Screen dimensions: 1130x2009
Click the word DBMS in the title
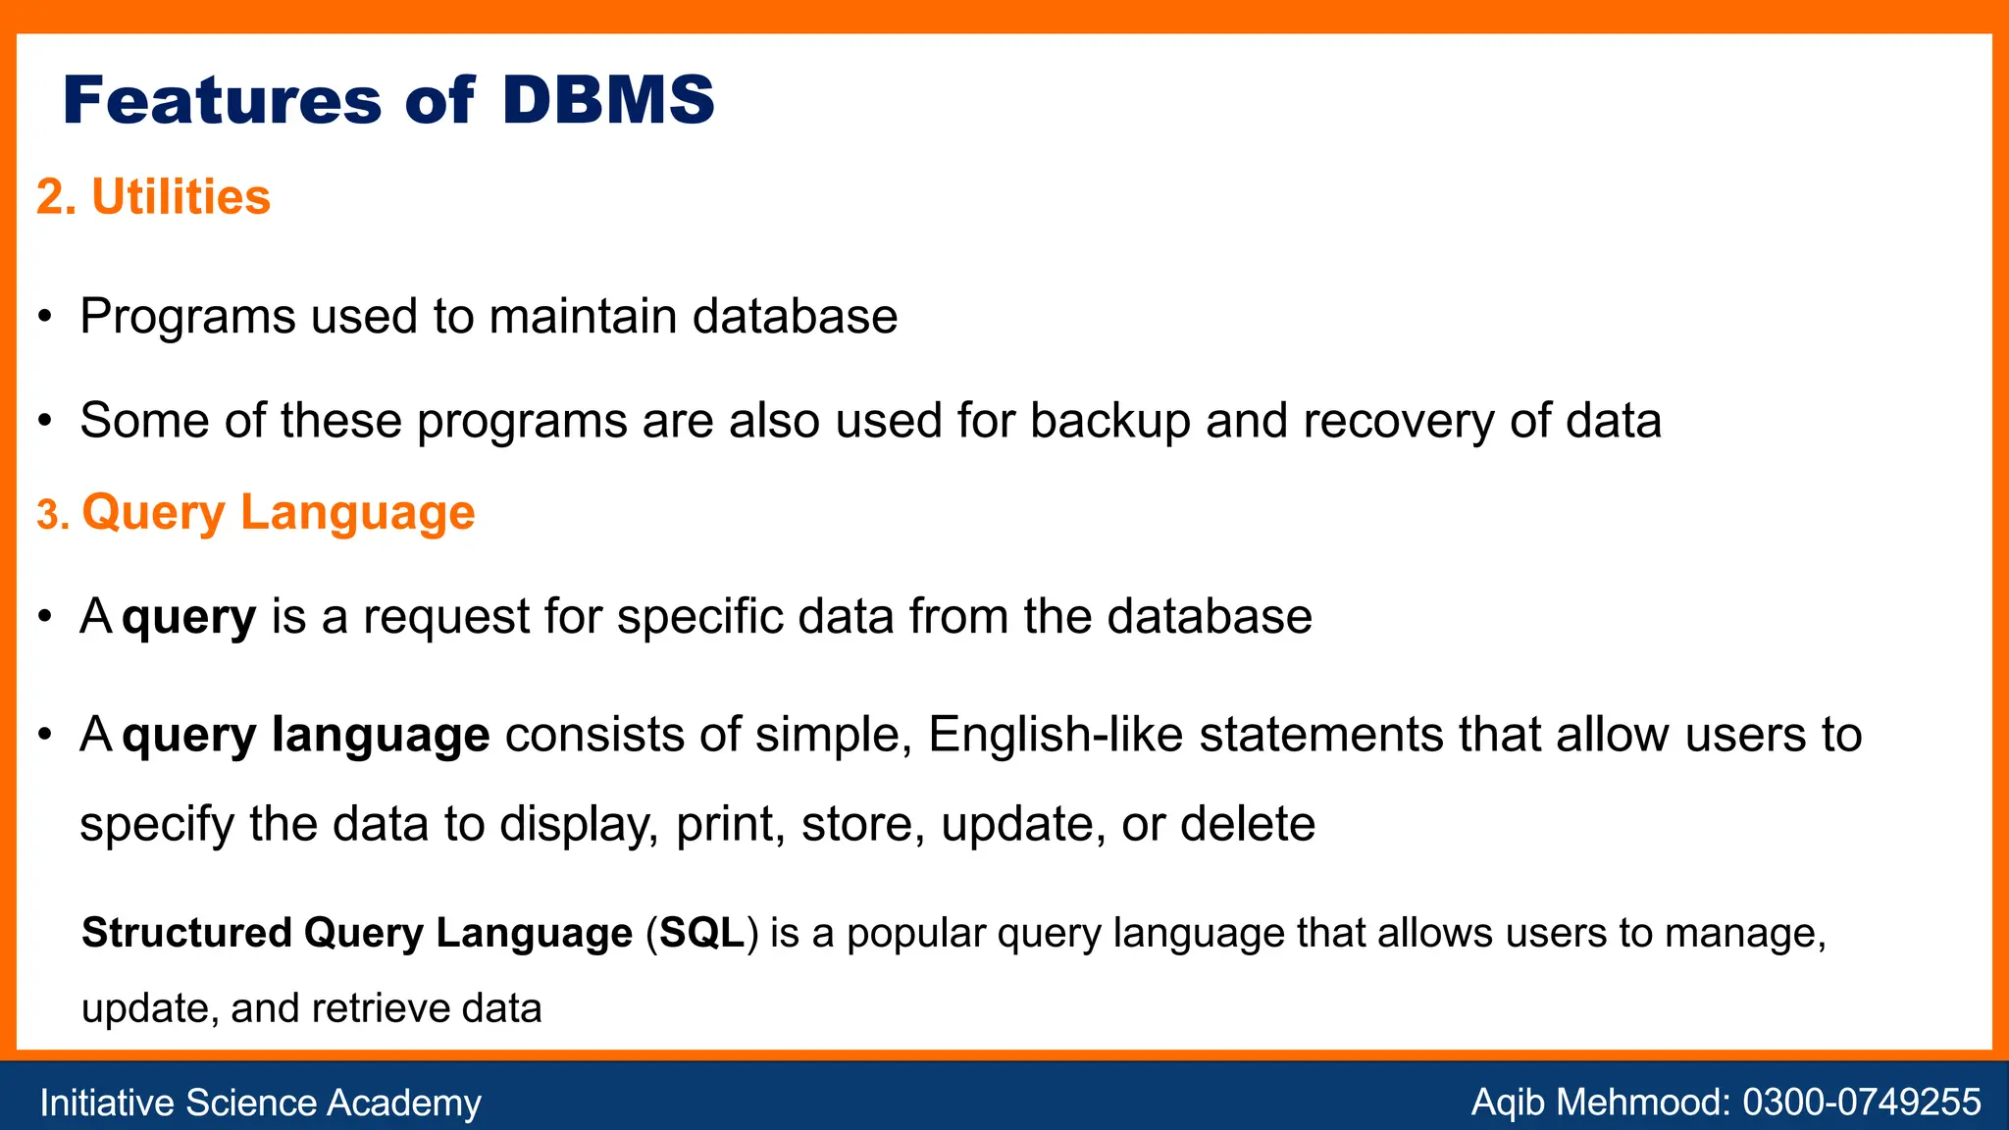[x=608, y=100]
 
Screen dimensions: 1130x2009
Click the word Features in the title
[x=222, y=100]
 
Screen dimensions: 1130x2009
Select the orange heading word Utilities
[x=180, y=197]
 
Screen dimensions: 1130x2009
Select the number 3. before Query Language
[x=53, y=515]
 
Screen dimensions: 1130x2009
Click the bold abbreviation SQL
[x=701, y=933]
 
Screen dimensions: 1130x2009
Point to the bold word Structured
[x=186, y=933]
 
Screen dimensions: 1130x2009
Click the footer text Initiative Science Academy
[x=260, y=1103]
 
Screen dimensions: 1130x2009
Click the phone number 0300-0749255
[x=1861, y=1103]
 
